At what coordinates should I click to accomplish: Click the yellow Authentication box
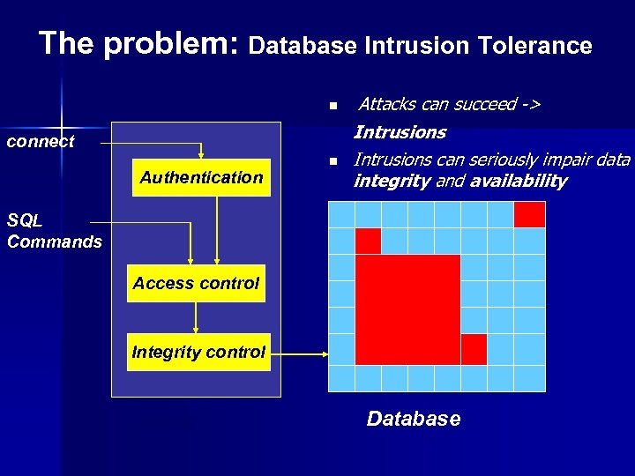pyautogui.click(x=201, y=177)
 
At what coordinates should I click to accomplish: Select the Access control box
pyautogui.click(x=196, y=283)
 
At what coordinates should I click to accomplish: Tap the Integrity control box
pyautogui.click(x=198, y=352)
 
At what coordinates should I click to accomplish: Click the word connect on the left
pyautogui.click(x=41, y=141)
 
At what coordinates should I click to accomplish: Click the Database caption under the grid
pyautogui.click(x=413, y=419)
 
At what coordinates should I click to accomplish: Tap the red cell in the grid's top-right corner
pyautogui.click(x=529, y=214)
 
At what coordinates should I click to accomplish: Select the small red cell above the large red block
pyautogui.click(x=368, y=241)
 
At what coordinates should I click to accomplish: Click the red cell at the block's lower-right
pyautogui.click(x=474, y=349)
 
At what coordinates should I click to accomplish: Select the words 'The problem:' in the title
pyautogui.click(x=139, y=43)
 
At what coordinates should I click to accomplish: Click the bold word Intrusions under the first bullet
pyautogui.click(x=400, y=132)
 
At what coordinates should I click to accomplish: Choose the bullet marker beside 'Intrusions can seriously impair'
pyautogui.click(x=333, y=161)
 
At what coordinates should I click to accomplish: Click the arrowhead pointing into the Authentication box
pyautogui.click(x=201, y=155)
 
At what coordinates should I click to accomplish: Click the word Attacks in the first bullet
pyautogui.click(x=388, y=105)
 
